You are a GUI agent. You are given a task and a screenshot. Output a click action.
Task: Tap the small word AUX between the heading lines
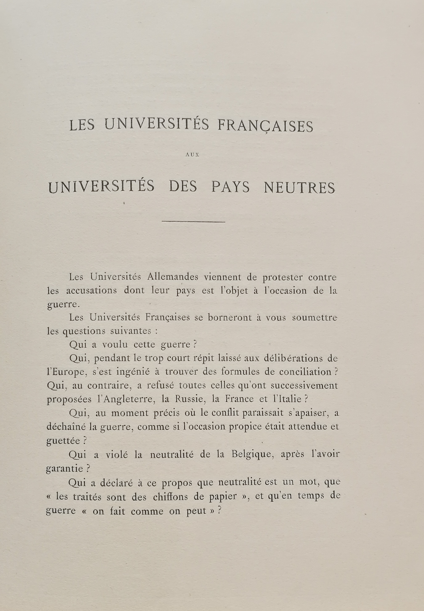(x=192, y=155)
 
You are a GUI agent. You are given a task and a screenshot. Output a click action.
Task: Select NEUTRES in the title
(x=299, y=187)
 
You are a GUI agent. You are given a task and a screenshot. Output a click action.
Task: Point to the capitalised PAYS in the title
(x=230, y=187)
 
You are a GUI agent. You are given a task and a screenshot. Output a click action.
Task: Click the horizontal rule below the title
(x=193, y=222)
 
